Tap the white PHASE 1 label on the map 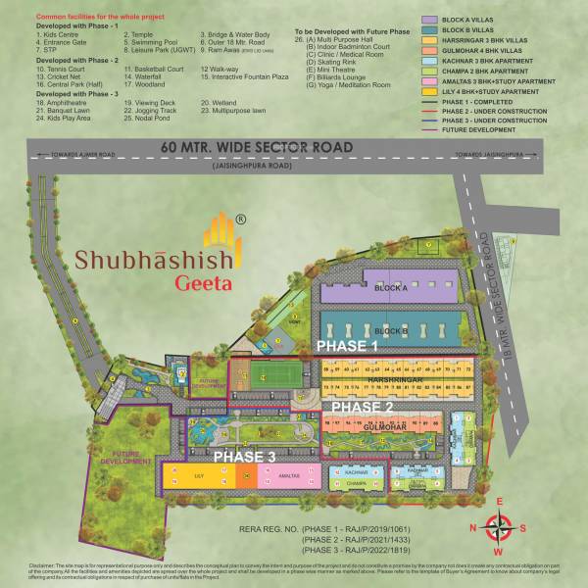[346, 347]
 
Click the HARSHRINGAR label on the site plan [393, 377]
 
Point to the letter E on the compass [500, 503]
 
